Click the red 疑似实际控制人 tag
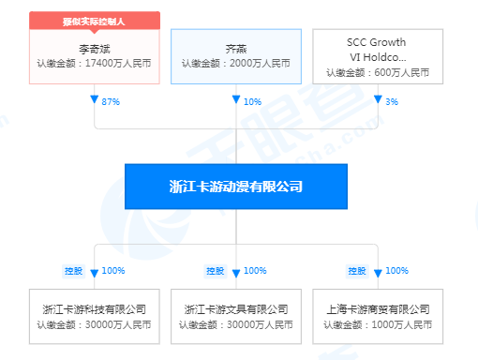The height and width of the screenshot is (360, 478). click(95, 20)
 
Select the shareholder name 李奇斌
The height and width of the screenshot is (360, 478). click(95, 45)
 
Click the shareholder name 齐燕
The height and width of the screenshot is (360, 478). click(236, 45)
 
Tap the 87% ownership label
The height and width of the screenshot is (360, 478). click(112, 100)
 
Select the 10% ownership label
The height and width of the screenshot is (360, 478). click(253, 100)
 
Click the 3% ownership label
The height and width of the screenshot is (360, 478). click(391, 100)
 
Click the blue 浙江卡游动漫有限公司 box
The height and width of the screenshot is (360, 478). click(236, 187)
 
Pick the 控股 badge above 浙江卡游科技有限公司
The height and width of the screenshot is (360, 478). click(74, 271)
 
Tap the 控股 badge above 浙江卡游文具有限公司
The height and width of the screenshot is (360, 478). click(216, 271)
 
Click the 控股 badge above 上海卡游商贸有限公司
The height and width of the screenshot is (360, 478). click(356, 271)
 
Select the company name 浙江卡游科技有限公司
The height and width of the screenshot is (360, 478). click(95, 308)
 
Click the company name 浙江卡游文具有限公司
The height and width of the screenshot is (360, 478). click(236, 308)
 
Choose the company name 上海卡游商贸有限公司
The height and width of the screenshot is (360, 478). click(378, 308)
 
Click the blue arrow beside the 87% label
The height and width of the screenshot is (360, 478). click(95, 98)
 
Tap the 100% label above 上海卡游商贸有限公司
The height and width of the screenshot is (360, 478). click(396, 271)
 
